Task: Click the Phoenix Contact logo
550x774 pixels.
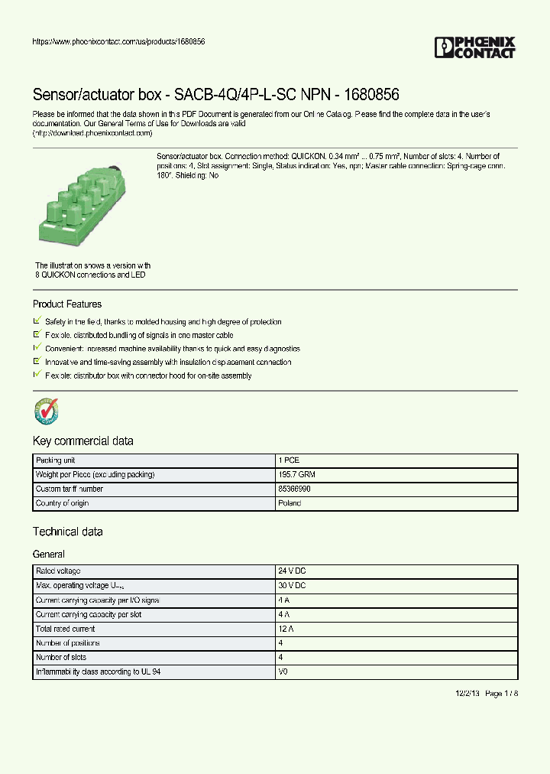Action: pos(474,47)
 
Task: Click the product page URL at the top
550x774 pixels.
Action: pos(118,41)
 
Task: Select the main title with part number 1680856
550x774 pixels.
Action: pos(215,95)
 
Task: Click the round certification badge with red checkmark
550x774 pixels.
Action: pos(47,411)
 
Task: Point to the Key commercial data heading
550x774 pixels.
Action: pos(82,441)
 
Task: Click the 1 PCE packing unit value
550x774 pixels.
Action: pos(289,460)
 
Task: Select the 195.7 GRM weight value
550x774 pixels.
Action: pos(296,475)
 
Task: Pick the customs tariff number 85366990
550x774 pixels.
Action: pos(295,489)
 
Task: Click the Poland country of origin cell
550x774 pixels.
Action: pos(290,503)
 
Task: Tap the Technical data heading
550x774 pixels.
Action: pos(67,532)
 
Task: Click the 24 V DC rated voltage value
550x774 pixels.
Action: pos(293,571)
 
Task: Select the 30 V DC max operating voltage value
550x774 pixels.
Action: pos(293,586)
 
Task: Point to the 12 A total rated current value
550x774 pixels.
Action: pos(286,629)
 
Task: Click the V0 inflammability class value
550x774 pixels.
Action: pos(283,672)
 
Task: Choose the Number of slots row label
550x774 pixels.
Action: pos(61,658)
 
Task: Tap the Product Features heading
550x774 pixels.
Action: pos(67,304)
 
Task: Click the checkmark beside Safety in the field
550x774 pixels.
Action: pos(37,322)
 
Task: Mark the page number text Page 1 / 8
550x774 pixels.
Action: pos(501,693)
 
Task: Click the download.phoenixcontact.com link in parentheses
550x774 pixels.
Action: pos(92,132)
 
